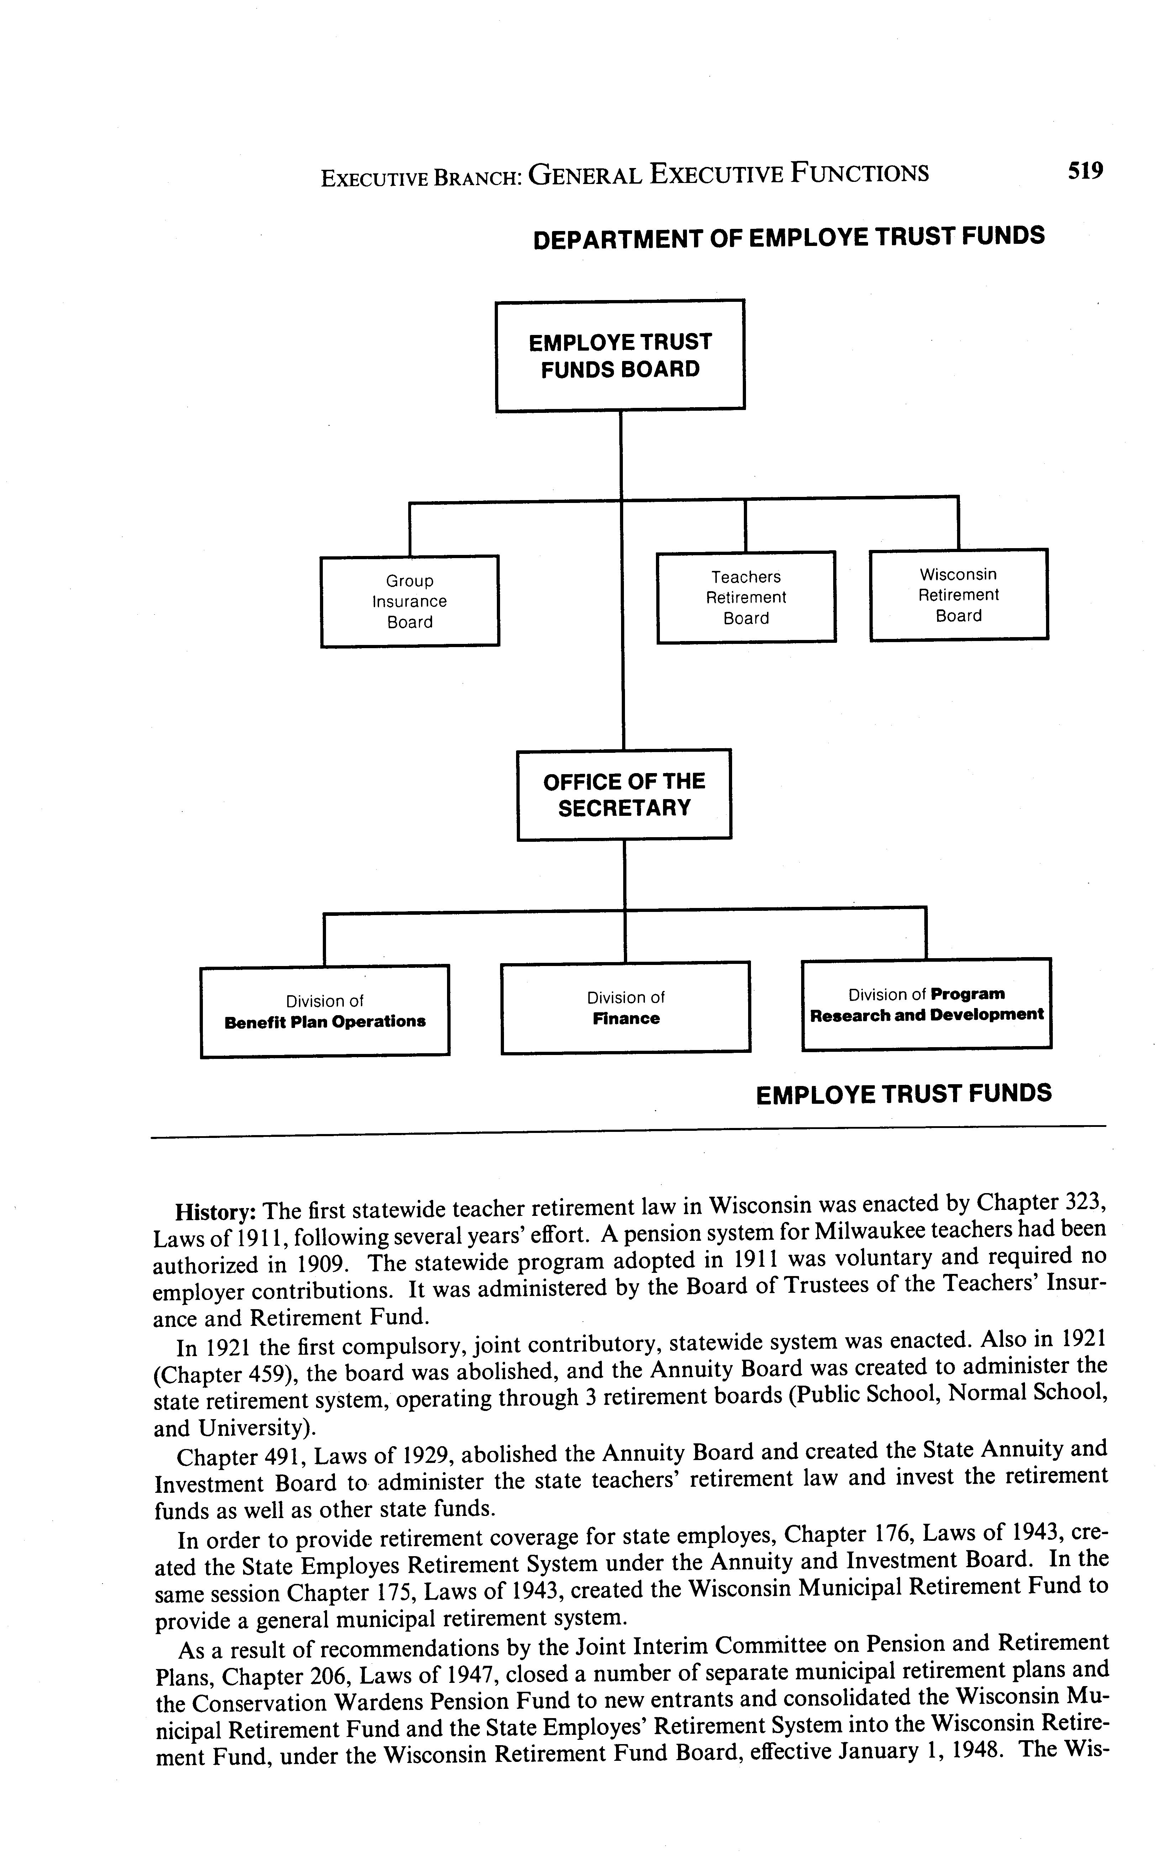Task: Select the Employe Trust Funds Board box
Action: pyautogui.click(x=620, y=356)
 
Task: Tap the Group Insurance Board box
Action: pyautogui.click(x=410, y=601)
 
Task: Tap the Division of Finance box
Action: pyautogui.click(x=625, y=1007)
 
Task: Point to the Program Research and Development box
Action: pyautogui.click(x=927, y=1004)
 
